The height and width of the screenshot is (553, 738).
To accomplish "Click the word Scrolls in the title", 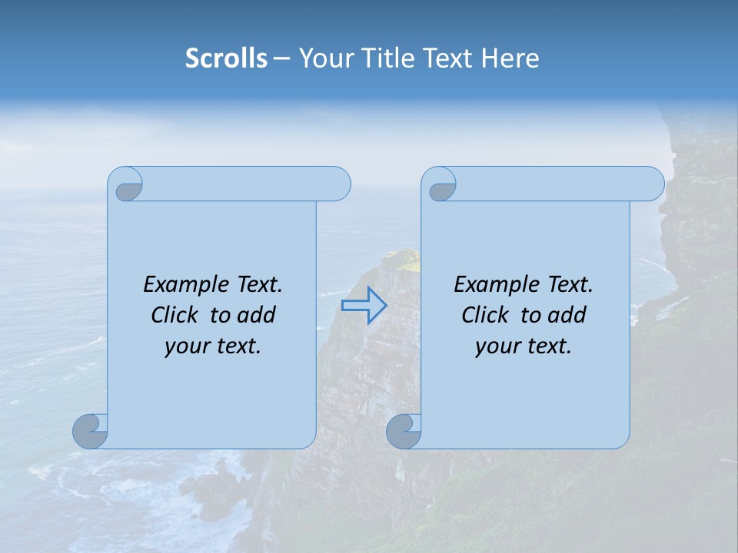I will click(x=227, y=58).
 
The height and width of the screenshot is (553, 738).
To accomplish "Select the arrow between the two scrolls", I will click(x=364, y=306).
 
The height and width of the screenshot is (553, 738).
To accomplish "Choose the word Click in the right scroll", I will click(x=485, y=315).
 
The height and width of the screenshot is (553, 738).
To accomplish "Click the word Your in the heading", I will click(x=324, y=58).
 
